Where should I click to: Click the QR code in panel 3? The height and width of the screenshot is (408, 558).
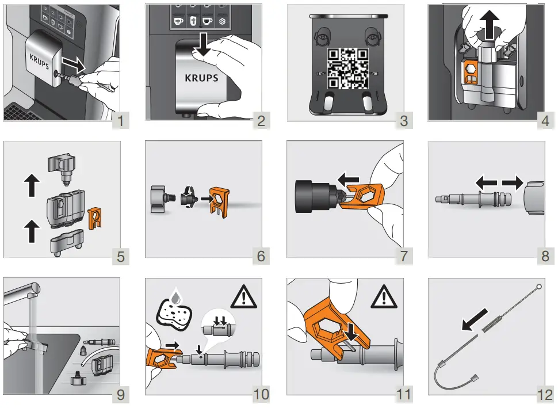pyautogui.click(x=347, y=68)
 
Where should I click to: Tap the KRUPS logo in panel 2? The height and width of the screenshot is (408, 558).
pyautogui.click(x=201, y=78)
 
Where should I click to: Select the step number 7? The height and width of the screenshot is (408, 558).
pyautogui.click(x=404, y=256)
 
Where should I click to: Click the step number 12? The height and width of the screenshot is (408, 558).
pyautogui.click(x=545, y=394)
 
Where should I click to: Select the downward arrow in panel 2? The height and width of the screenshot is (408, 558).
pyautogui.click(x=203, y=45)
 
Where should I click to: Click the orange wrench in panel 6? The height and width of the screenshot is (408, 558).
pyautogui.click(x=219, y=201)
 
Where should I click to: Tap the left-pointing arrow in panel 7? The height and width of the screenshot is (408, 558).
pyautogui.click(x=349, y=179)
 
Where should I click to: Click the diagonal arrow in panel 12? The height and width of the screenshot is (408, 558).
pyautogui.click(x=475, y=319)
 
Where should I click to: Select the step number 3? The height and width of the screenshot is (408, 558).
pyautogui.click(x=404, y=121)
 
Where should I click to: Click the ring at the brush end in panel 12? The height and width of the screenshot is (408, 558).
pyautogui.click(x=539, y=287)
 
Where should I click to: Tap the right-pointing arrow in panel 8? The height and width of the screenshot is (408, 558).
pyautogui.click(x=513, y=184)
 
